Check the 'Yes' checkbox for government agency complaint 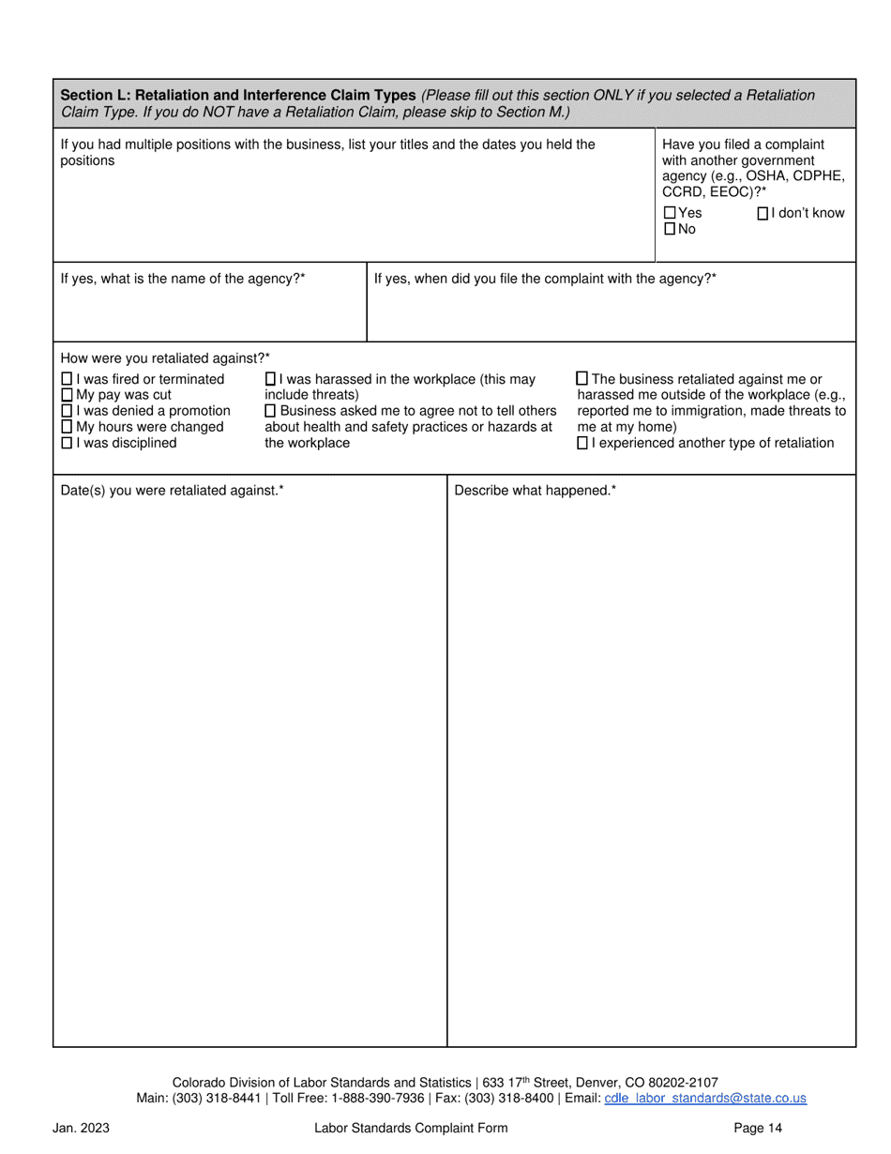(670, 213)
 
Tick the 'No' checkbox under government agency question (670, 229)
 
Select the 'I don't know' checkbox (763, 213)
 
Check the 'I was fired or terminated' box (67, 379)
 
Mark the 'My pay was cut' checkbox (67, 395)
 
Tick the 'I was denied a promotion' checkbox (67, 411)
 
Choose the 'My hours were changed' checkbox (67, 427)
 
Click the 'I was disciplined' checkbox (67, 443)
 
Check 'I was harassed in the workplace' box (271, 379)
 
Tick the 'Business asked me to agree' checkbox (271, 411)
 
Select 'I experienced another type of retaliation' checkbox (582, 443)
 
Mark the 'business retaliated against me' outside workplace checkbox (582, 379)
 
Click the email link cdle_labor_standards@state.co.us (705, 1099)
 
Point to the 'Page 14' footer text (758, 1128)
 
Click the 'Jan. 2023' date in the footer (81, 1128)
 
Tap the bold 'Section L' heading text (237, 95)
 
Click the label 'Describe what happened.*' (535, 490)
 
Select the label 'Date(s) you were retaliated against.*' (172, 490)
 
